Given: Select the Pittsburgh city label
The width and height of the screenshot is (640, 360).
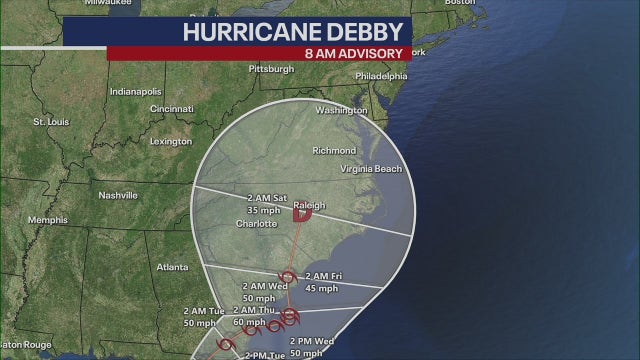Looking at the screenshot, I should point(272,69).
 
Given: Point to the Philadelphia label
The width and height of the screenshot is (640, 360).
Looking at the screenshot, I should point(382,75).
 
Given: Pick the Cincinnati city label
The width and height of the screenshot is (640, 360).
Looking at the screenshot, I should point(171,108).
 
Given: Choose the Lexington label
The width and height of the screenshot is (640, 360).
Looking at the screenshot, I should point(170,141).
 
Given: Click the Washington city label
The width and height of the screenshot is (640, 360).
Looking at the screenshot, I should point(342,110).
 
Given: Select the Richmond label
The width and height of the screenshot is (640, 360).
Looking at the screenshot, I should point(334,151).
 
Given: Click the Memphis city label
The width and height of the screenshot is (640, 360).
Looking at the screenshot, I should point(48,220).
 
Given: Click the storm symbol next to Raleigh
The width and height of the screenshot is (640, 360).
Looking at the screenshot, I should point(301,214).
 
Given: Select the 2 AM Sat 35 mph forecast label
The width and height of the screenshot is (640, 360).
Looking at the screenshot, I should point(267,205).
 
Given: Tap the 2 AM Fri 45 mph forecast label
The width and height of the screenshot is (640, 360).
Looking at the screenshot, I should point(323,282).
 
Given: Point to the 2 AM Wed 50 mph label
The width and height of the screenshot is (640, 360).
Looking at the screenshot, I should point(259,293).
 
